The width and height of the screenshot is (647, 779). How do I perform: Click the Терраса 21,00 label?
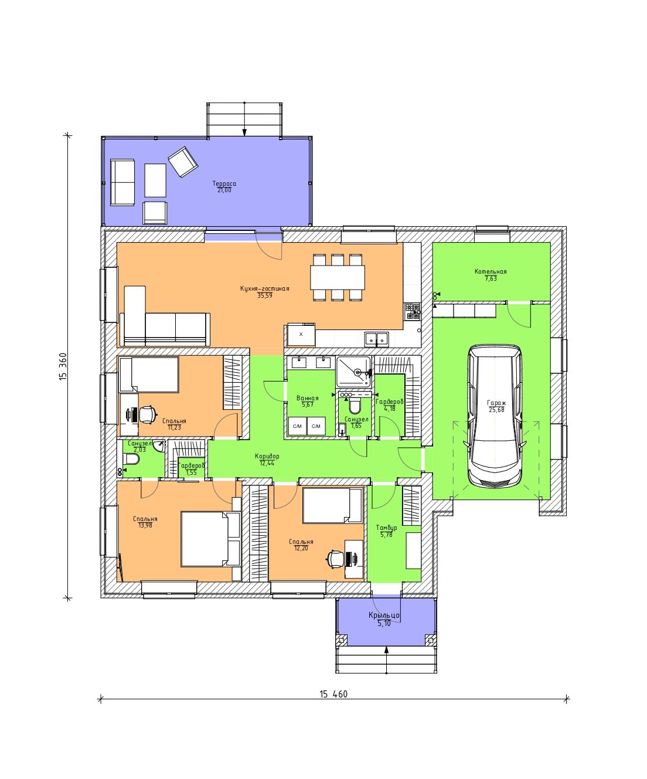click(224, 187)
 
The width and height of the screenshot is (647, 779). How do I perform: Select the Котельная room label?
click(491, 275)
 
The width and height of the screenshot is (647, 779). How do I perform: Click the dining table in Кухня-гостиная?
click(338, 277)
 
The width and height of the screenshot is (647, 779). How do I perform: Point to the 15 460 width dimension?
click(333, 695)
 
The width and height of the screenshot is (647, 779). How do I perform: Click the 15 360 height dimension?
click(63, 366)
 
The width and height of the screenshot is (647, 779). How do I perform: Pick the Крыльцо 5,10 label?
click(384, 619)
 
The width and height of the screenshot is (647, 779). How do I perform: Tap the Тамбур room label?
click(386, 531)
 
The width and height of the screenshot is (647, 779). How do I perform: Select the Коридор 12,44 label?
click(267, 460)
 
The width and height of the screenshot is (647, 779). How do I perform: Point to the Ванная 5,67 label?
click(308, 402)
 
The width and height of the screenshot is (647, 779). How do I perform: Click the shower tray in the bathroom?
click(353, 371)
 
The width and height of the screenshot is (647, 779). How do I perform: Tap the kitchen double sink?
click(376, 339)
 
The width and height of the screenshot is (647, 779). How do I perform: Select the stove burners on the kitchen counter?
click(413, 311)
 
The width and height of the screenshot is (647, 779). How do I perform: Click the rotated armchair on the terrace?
click(183, 161)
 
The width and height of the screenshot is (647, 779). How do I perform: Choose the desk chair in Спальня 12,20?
click(335, 559)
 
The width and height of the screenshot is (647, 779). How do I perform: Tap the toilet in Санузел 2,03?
click(131, 459)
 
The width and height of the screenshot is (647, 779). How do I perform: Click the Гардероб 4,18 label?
click(390, 405)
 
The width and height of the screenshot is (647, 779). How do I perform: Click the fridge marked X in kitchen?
click(301, 335)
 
